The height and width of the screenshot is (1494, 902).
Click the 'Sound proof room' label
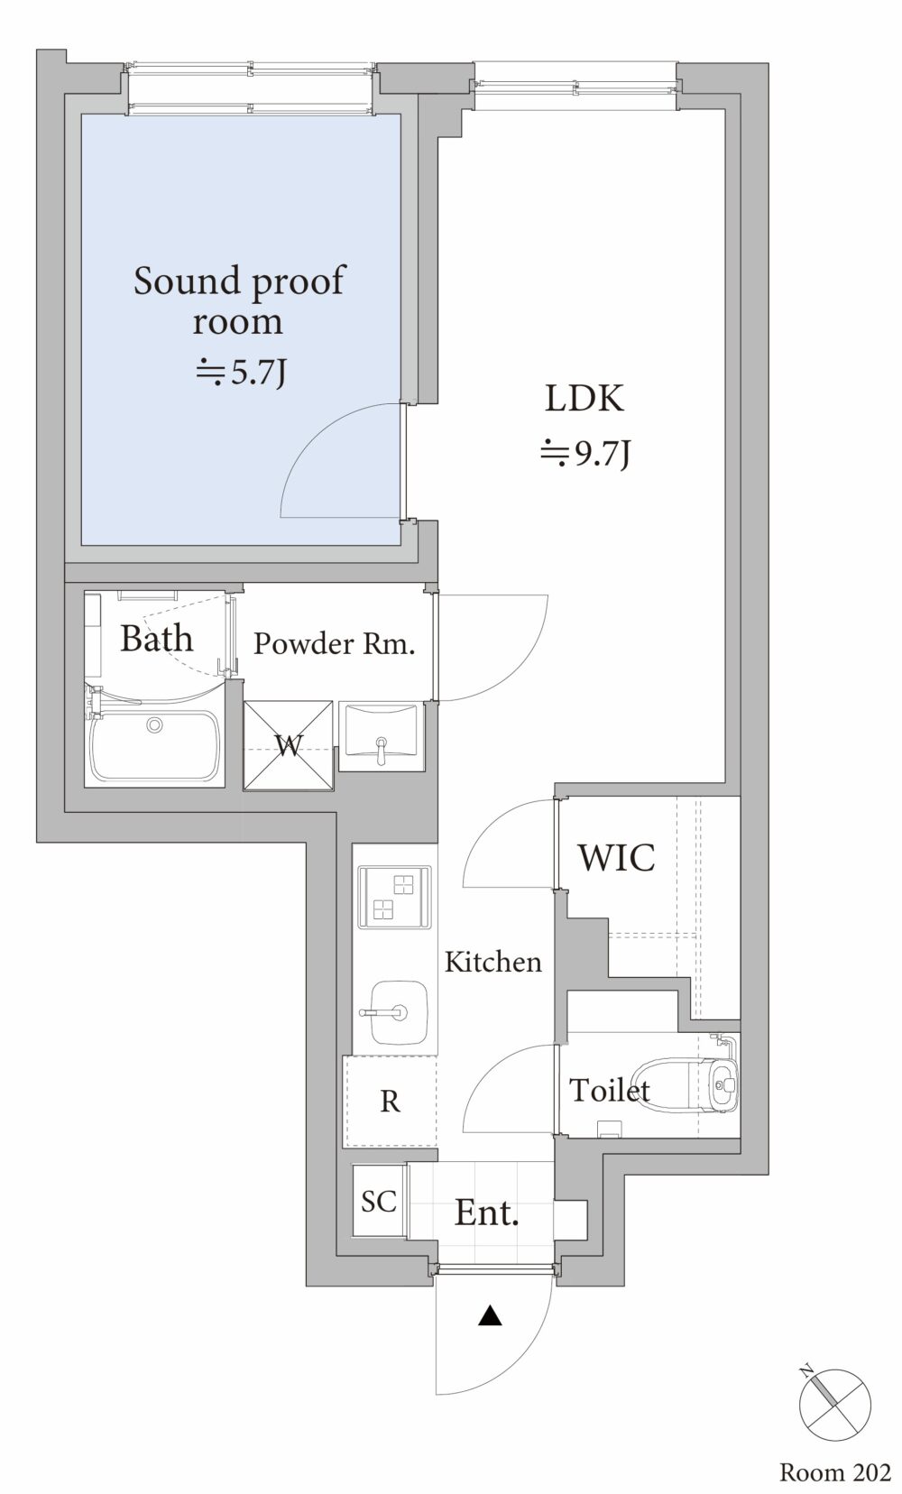[x=239, y=300]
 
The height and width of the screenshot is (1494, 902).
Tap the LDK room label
[x=584, y=399]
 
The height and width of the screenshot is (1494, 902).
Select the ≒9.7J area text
[x=584, y=455]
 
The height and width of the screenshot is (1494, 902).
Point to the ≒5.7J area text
[x=241, y=373]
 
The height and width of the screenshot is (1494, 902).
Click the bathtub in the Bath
[x=155, y=746]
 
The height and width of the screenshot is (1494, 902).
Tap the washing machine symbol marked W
[x=288, y=746]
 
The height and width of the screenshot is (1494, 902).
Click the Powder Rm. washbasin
[x=382, y=736]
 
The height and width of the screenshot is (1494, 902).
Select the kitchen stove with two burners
[x=395, y=897]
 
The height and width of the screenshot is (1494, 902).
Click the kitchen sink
[x=398, y=1011]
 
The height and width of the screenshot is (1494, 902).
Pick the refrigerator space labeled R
[x=390, y=1102]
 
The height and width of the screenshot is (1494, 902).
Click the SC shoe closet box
[x=379, y=1201]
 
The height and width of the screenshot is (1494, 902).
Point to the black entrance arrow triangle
[x=491, y=1315]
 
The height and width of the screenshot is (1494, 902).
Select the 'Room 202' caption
[x=834, y=1472]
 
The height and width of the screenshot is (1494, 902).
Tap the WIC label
[x=617, y=858]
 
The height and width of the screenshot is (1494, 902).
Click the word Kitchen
[x=493, y=962]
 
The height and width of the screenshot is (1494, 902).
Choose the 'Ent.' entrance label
[x=487, y=1213]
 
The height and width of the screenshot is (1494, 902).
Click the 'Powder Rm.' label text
[x=335, y=643]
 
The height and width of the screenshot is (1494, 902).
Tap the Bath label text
[x=157, y=638]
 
